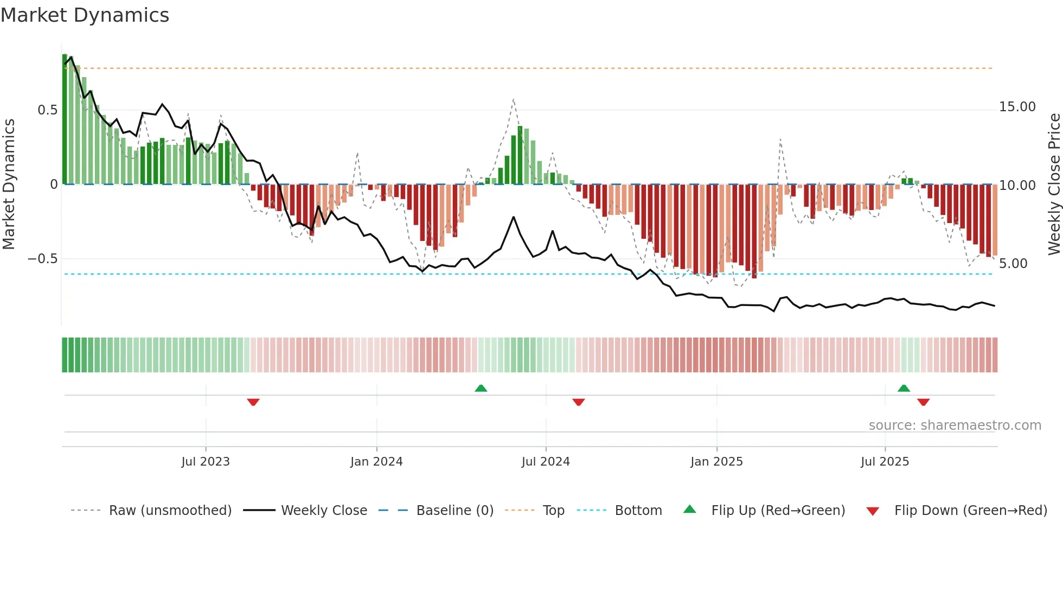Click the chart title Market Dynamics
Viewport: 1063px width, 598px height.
pos(85,15)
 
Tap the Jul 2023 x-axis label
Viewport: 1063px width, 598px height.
pos(206,461)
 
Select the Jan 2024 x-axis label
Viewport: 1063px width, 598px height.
pos(376,461)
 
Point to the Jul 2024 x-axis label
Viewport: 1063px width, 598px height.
pos(546,461)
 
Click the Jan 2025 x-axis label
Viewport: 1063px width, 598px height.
pos(716,461)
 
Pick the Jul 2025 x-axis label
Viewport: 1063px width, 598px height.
pos(885,461)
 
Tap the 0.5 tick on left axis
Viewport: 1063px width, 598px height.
pos(48,110)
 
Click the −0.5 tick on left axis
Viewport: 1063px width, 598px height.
pos(43,259)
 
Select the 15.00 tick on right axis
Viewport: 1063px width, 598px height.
pos(1017,107)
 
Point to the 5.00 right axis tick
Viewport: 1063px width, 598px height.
pos(1013,264)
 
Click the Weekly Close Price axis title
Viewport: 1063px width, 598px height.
pos(1054,184)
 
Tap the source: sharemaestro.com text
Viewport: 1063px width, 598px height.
pos(955,425)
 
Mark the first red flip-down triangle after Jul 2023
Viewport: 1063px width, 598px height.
pos(253,402)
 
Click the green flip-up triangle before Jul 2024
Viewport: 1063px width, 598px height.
pos(481,388)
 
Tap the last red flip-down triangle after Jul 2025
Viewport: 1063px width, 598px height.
pos(923,402)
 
